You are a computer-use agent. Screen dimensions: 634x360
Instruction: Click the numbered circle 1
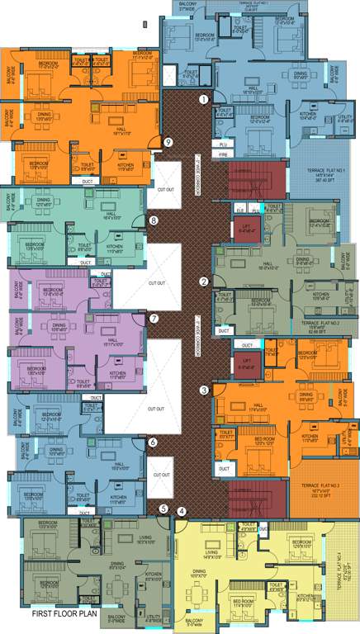point(203,100)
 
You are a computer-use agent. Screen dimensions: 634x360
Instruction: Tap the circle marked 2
point(204,282)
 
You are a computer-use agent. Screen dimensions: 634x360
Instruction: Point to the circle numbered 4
point(182,511)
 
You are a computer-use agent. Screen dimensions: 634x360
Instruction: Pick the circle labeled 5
point(163,509)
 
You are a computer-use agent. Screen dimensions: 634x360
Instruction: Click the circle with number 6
point(153,442)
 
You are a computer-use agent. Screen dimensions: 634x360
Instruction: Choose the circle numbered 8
point(154,220)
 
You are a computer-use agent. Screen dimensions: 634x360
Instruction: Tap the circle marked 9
point(168,142)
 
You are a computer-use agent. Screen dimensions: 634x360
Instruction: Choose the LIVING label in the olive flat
point(146,537)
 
